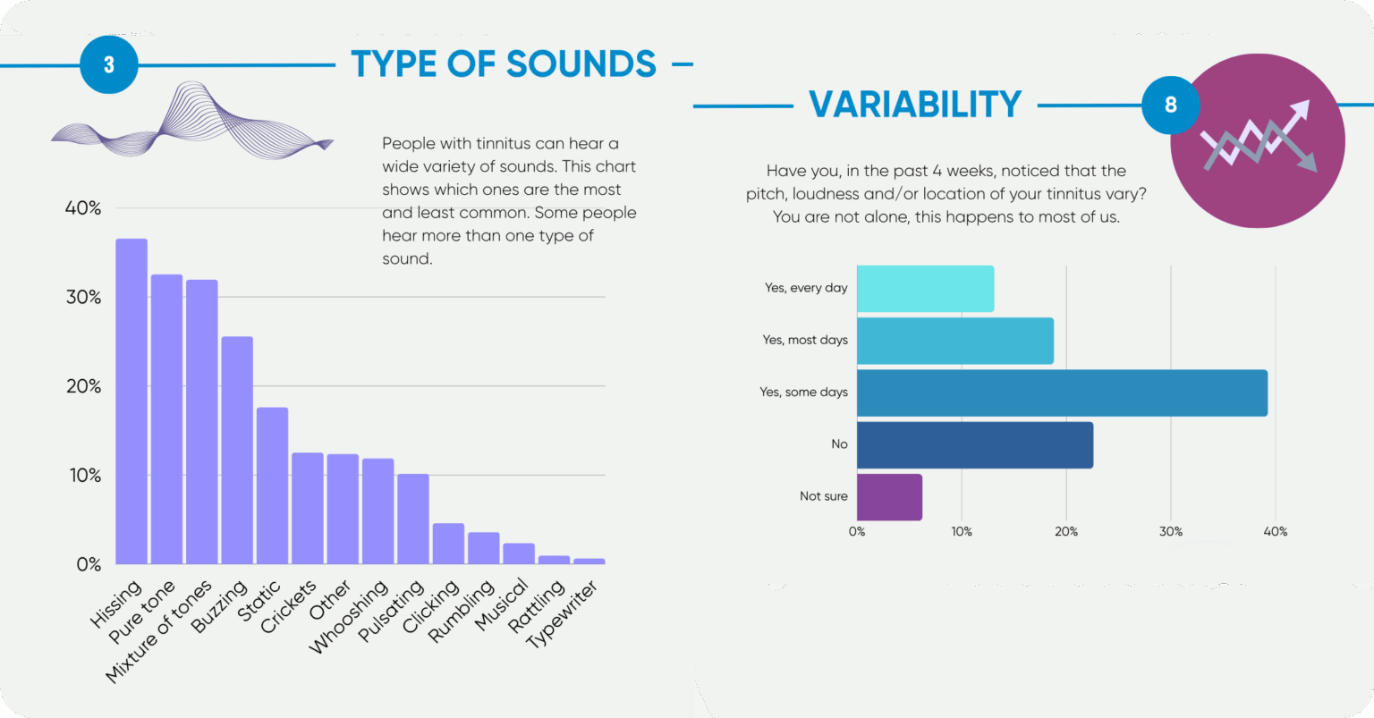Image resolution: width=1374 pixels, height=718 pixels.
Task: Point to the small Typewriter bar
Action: pyautogui.click(x=589, y=562)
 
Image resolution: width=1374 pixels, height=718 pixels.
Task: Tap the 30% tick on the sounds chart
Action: pyautogui.click(x=83, y=297)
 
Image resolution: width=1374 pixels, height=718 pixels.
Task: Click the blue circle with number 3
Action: pyautogui.click(x=109, y=64)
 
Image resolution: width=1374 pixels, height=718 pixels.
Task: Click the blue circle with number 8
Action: pyautogui.click(x=1170, y=105)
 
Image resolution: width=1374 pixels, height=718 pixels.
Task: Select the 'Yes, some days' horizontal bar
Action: pyautogui.click(x=1062, y=393)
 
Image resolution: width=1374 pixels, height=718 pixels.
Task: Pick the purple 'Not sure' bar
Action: pyautogui.click(x=889, y=497)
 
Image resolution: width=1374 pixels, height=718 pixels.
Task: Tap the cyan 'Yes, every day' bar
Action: pyautogui.click(x=925, y=289)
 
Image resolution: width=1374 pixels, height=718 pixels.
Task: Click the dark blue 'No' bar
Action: pyautogui.click(x=975, y=444)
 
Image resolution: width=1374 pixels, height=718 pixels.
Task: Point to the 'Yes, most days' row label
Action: pyautogui.click(x=805, y=340)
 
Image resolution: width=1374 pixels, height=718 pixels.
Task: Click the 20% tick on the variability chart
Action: pyautogui.click(x=1066, y=531)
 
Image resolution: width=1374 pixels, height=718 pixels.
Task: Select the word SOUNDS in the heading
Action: pyautogui.click(x=581, y=64)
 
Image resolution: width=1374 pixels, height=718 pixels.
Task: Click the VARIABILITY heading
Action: pyautogui.click(x=915, y=105)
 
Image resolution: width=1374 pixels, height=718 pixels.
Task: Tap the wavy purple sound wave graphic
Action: pyautogui.click(x=192, y=123)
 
